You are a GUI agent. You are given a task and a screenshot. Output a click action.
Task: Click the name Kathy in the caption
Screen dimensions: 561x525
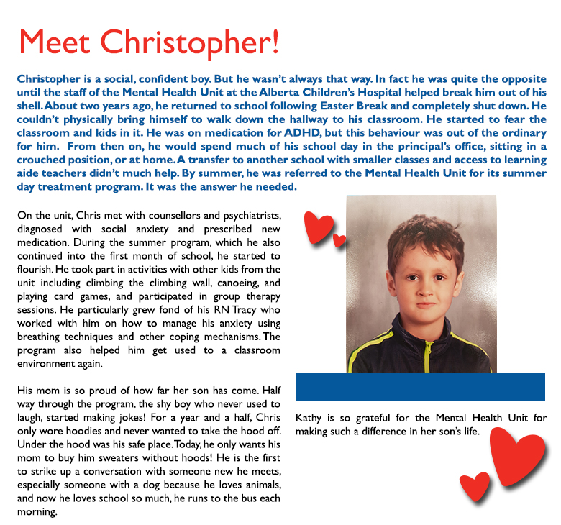tap(310, 418)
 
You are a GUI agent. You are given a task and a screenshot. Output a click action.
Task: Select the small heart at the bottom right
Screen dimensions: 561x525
tap(475, 488)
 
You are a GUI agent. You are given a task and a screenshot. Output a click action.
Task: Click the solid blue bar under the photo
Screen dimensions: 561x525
tap(420, 386)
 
